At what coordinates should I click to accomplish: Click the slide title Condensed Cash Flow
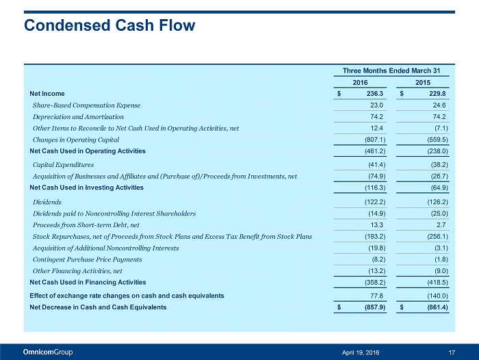109,26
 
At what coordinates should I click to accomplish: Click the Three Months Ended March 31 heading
390,70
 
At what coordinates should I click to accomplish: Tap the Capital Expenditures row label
63,165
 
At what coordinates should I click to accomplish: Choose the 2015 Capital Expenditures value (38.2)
435,165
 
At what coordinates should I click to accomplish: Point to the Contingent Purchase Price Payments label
88,259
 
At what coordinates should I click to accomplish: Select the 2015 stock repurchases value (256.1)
434,236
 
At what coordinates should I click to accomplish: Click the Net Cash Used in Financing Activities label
88,282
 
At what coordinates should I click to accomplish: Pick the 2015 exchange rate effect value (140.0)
434,296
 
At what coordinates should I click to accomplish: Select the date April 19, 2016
361,352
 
